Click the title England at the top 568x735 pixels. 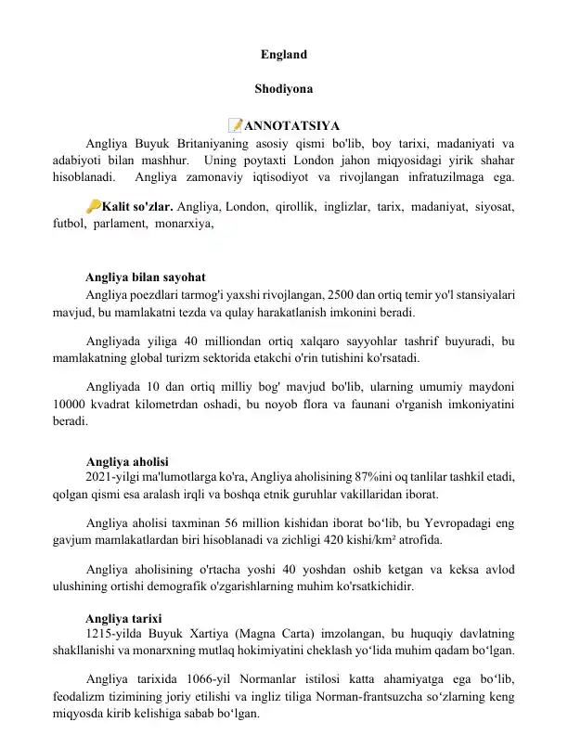point(283,55)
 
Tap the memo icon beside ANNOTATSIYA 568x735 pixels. point(235,125)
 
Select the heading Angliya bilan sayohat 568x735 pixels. point(145,277)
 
